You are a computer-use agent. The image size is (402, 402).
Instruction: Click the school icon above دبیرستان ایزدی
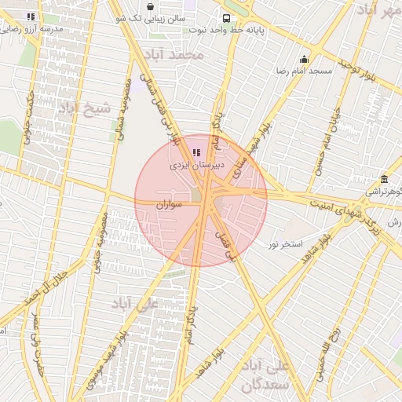[x=196, y=152]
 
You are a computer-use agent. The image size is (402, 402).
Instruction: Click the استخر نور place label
[x=285, y=245]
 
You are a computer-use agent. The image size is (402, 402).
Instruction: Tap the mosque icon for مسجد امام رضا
[x=304, y=60]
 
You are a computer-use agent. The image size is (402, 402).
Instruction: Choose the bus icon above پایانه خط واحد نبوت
[x=226, y=18]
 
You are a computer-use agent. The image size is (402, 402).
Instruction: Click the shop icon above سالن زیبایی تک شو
[x=150, y=6]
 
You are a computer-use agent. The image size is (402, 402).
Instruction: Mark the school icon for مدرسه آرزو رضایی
[x=31, y=16]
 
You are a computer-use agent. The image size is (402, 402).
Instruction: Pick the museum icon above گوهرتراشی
[x=383, y=179]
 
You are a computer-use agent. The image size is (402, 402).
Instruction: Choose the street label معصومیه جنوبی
[x=99, y=251]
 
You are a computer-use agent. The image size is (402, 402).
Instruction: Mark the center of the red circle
[x=201, y=200]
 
